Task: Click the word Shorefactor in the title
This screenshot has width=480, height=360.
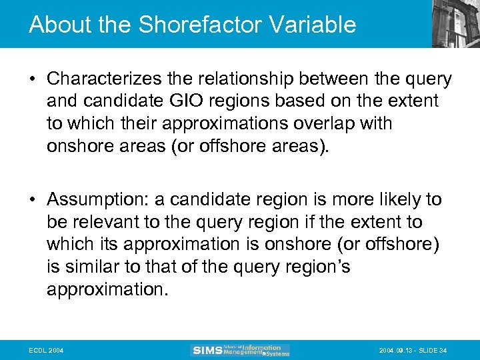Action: (x=179, y=25)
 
